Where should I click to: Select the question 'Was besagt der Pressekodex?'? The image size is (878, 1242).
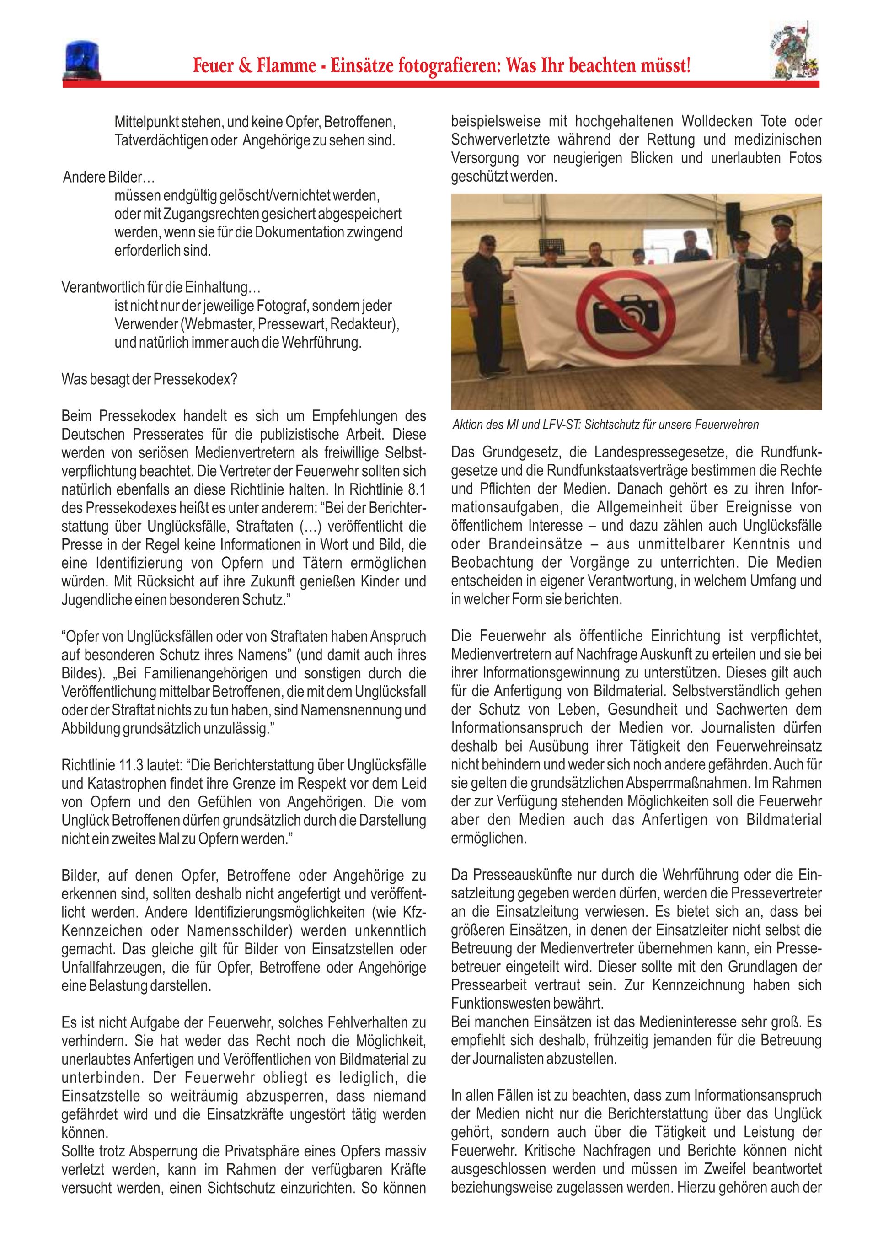coord(149,379)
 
